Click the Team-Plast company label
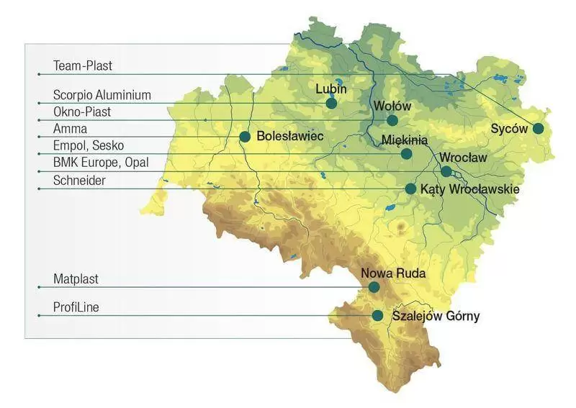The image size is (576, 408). coord(83,66)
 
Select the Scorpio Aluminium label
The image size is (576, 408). coord(102,95)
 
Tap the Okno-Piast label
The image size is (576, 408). coord(82,112)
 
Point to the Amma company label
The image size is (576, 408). coord(70,129)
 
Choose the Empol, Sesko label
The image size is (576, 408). coord(89,146)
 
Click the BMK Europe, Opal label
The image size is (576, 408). coord(101,163)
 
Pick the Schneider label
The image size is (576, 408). coord(79,181)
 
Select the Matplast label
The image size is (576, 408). coord(76,278)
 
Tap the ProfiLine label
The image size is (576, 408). coord(76,307)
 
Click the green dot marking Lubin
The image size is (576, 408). coord(331,104)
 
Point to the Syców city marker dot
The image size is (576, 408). coord(538,129)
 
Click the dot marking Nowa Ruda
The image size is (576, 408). coord(374,287)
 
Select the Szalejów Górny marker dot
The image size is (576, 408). coord(377,315)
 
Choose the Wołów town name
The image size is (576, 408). coord(392,106)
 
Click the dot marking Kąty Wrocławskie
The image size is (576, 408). coord(410,189)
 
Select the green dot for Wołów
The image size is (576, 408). coord(392,120)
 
